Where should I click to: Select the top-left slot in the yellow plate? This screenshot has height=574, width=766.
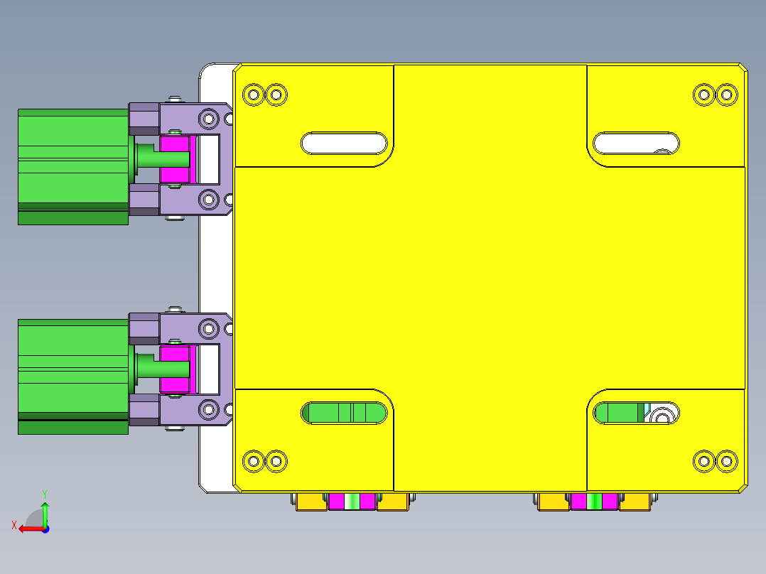tap(343, 143)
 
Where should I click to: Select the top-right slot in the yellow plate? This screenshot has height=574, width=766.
tap(636, 143)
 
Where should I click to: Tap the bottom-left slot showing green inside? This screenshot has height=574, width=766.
tap(343, 413)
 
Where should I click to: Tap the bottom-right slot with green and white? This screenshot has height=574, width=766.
tap(636, 413)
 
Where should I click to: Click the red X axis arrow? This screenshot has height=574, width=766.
tap(28, 528)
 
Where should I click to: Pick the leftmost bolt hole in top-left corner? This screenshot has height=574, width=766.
tap(253, 94)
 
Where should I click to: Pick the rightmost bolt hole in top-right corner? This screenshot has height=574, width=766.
tap(726, 94)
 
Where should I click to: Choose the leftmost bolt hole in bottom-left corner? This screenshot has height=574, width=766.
tap(253, 461)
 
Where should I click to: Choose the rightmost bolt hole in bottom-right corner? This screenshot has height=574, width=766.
tap(726, 461)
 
